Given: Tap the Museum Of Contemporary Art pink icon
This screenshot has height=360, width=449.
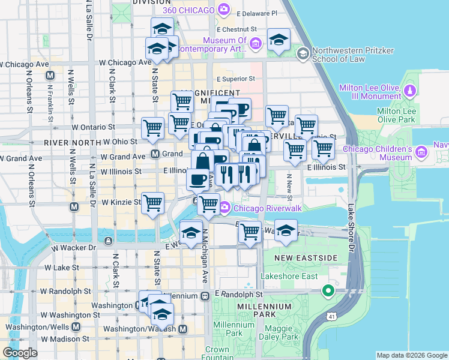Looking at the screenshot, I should pyautogui.click(x=256, y=43).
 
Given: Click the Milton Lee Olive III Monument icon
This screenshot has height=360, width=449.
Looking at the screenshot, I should pyautogui.click(x=409, y=91).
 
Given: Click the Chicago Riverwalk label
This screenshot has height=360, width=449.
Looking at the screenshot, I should pyautogui.click(x=262, y=208).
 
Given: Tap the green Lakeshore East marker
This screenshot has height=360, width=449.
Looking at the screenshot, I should pyautogui.click(x=328, y=292).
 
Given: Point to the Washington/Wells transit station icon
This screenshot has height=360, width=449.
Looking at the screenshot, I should pyautogui.click(x=76, y=327).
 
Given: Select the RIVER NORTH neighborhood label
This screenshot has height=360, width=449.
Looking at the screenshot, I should pyautogui.click(x=72, y=143).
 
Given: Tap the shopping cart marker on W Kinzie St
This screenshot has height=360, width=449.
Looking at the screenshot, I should pyautogui.click(x=153, y=203).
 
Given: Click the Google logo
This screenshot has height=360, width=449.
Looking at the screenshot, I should pyautogui.click(x=20, y=353).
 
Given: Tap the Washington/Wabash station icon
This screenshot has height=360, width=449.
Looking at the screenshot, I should pyautogui.click(x=182, y=329).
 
